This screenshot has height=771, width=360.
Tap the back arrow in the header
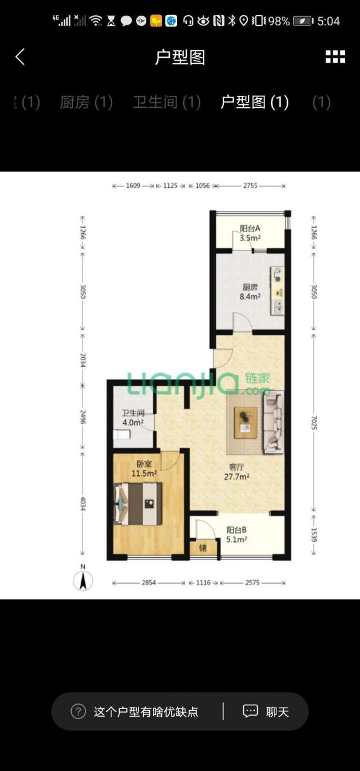click(x=20, y=57)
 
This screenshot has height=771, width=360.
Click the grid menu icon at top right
click(x=335, y=57)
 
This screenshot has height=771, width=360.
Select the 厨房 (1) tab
click(x=86, y=102)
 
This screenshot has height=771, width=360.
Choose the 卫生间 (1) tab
click(x=167, y=102)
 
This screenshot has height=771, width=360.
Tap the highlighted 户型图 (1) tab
click(x=254, y=102)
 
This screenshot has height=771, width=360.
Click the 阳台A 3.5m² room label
click(x=250, y=233)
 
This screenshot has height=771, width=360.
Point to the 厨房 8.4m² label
click(x=250, y=292)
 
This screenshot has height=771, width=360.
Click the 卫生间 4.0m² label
click(x=133, y=417)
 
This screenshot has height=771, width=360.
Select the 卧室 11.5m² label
click(x=144, y=469)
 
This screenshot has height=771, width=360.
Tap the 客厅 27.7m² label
click(x=237, y=472)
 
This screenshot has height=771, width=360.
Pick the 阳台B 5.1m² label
click(x=237, y=534)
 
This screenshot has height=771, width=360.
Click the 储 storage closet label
click(x=203, y=548)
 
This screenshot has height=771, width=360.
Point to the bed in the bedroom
click(x=138, y=504)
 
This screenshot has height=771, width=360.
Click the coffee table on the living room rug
click(x=246, y=423)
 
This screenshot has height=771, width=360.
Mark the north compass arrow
click(x=83, y=581)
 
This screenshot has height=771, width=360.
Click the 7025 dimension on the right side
click(x=314, y=423)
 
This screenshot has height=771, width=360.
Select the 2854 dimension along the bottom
click(x=149, y=582)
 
